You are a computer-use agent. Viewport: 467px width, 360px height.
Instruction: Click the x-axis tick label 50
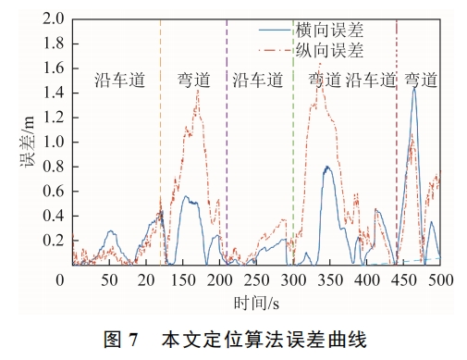coord(109,280)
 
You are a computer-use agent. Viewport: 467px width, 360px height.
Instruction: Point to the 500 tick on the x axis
coord(440,280)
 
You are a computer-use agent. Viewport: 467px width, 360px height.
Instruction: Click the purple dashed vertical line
coord(227,139)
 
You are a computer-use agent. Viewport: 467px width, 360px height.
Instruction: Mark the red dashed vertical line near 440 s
coord(397,139)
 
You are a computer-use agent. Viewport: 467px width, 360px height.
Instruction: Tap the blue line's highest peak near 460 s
coord(414,88)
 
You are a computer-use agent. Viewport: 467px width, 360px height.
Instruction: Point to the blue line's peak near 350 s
coord(326,167)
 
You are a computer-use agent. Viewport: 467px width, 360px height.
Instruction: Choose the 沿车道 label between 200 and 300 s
coord(257,81)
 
